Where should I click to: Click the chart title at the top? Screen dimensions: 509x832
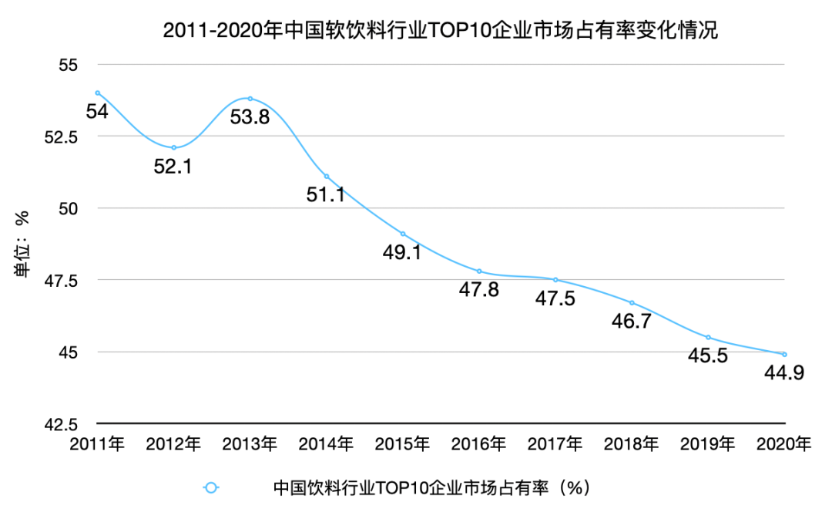(440, 31)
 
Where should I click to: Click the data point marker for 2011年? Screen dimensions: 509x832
(97, 93)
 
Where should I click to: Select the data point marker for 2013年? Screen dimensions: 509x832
(250, 99)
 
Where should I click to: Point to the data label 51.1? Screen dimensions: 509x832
(325, 194)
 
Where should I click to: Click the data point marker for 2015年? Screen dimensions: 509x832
(403, 234)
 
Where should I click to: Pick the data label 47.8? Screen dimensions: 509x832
(479, 290)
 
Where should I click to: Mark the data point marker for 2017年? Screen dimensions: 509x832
(555, 280)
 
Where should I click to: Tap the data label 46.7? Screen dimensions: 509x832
(632, 321)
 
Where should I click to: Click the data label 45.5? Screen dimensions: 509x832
(707, 356)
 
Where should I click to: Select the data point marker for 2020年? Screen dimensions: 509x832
(784, 355)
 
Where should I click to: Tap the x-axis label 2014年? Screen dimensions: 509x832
(326, 444)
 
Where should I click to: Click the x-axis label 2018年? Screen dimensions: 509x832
(632, 444)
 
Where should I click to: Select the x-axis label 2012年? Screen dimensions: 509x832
(173, 444)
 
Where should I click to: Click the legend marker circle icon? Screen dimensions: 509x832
(211, 487)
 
